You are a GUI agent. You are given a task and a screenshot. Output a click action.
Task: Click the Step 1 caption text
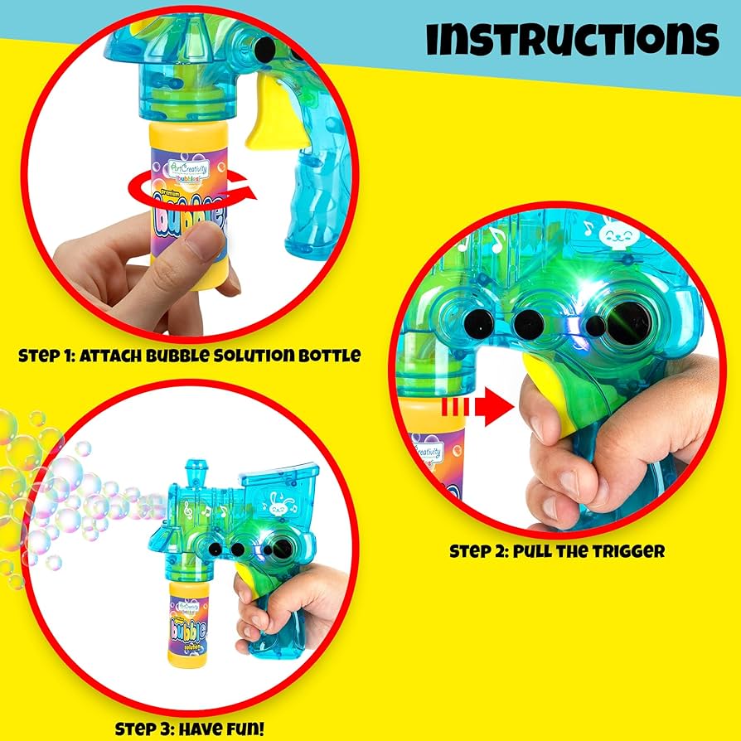click(189, 356)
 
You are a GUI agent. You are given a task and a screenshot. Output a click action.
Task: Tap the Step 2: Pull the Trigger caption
click(557, 550)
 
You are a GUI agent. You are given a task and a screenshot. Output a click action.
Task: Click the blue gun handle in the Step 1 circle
click(311, 216)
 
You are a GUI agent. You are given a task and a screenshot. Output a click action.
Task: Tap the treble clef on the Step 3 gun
click(195, 517)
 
